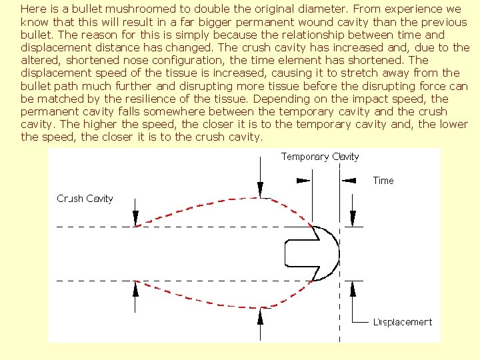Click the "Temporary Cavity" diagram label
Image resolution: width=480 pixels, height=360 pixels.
click(x=320, y=157)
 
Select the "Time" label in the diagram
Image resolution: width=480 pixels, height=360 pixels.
click(x=383, y=181)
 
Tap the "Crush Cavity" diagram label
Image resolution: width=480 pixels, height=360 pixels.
click(x=85, y=199)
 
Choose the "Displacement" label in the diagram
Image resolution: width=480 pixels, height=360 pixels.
click(x=402, y=322)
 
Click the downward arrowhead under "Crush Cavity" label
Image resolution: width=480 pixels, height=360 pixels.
click(x=136, y=218)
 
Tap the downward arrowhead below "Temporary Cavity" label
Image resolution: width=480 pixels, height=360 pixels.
click(x=261, y=190)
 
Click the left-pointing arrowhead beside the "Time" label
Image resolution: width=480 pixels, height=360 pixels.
click(x=349, y=180)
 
